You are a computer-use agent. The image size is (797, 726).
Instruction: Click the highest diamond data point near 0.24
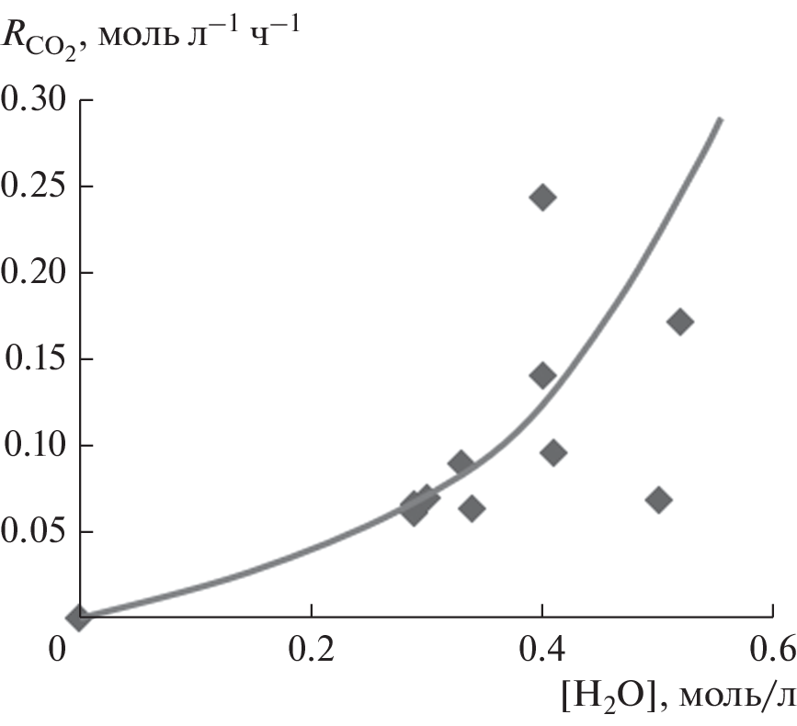point(542,198)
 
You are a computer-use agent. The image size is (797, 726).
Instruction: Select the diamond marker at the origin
point(80,617)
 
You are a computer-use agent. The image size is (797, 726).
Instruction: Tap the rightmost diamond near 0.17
point(679,322)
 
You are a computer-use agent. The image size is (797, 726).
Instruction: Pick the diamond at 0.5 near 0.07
point(658,500)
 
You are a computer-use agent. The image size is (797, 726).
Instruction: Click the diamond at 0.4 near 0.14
point(542,375)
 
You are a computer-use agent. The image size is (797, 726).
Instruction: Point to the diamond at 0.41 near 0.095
point(553,452)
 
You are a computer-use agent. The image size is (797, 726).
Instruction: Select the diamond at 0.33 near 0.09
point(461,463)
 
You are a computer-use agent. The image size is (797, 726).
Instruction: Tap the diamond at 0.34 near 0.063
point(473,508)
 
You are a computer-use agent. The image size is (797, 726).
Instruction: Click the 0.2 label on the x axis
point(311,652)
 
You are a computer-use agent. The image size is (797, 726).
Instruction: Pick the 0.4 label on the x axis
point(542,652)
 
